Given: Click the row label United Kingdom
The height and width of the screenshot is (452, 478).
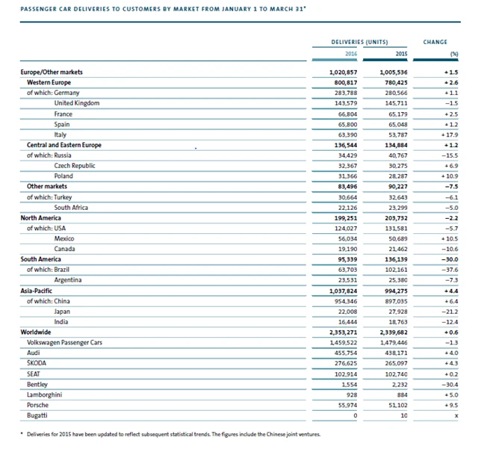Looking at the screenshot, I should [x=76, y=102].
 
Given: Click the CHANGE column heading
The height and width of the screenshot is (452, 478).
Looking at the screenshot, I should [x=435, y=42].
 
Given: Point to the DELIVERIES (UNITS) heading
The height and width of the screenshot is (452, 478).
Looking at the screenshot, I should [x=358, y=42].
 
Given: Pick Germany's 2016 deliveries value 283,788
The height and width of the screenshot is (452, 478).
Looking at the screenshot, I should [x=345, y=92].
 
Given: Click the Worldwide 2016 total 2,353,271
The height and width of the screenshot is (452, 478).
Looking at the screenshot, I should [x=342, y=330].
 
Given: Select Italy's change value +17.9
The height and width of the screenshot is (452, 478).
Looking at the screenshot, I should [x=448, y=134].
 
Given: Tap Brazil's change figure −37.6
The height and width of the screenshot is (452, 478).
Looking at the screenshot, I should [x=449, y=269].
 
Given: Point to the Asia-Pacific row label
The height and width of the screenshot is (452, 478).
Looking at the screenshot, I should [x=37, y=289].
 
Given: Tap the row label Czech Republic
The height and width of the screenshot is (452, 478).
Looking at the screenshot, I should [x=75, y=165].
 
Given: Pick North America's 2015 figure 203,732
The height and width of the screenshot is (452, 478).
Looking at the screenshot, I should [x=392, y=217].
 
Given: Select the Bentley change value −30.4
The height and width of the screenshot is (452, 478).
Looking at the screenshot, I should [x=448, y=383].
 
